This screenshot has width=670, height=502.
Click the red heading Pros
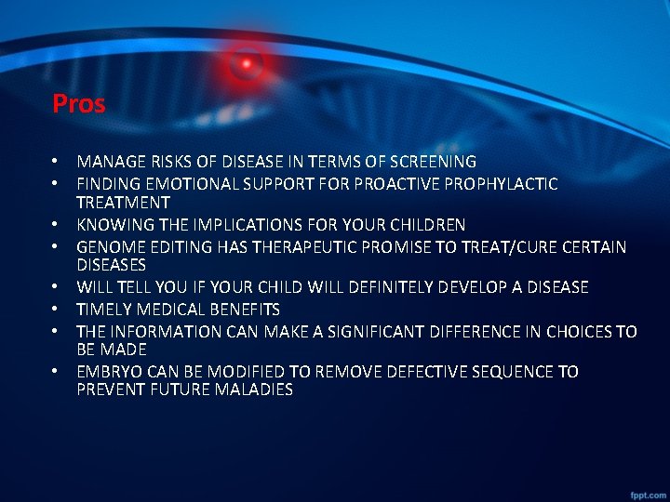tap(79, 103)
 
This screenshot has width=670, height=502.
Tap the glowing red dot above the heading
tap(247, 63)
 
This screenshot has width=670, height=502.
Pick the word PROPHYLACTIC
tap(502, 184)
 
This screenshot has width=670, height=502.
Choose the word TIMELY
tap(102, 310)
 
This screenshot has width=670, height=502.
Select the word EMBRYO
tap(107, 372)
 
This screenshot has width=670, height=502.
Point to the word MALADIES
tap(253, 390)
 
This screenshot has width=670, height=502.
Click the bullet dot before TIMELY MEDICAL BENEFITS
tap(57, 310)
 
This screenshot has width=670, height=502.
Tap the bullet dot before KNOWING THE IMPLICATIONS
tap(57, 225)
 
